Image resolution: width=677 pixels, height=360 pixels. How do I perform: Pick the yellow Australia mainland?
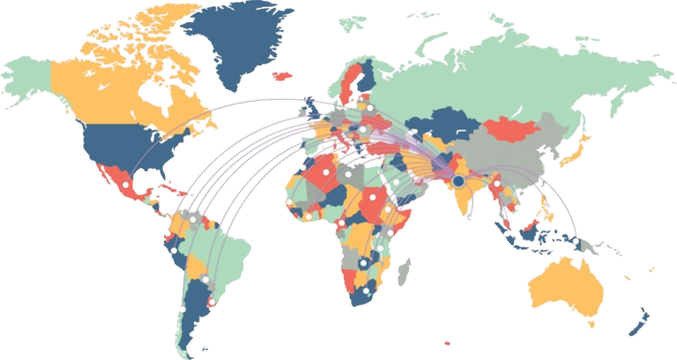tap(568, 288)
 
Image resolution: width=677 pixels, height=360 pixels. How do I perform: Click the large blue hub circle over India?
tap(458, 181)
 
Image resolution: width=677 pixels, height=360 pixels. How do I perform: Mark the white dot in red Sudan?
tap(372, 195)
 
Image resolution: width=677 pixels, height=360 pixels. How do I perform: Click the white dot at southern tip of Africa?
tap(366, 292)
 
